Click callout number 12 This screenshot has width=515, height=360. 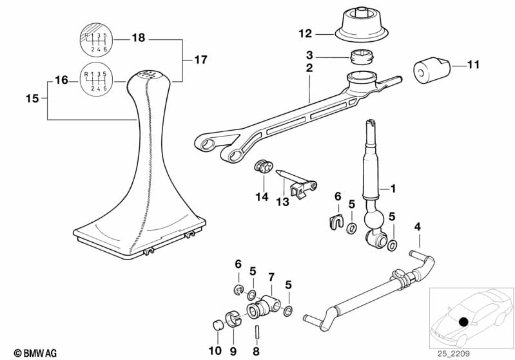pos(305,33)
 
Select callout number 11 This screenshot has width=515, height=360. pos(474,64)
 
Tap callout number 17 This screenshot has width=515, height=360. pos(200,60)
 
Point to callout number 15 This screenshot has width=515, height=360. pos(32,99)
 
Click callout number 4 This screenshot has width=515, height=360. pos(418,227)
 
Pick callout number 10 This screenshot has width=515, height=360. pos(215,351)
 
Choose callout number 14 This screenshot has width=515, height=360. pos(262,197)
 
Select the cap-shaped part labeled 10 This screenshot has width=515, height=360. pos(217,323)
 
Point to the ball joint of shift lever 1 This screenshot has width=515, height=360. pos(374,221)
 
